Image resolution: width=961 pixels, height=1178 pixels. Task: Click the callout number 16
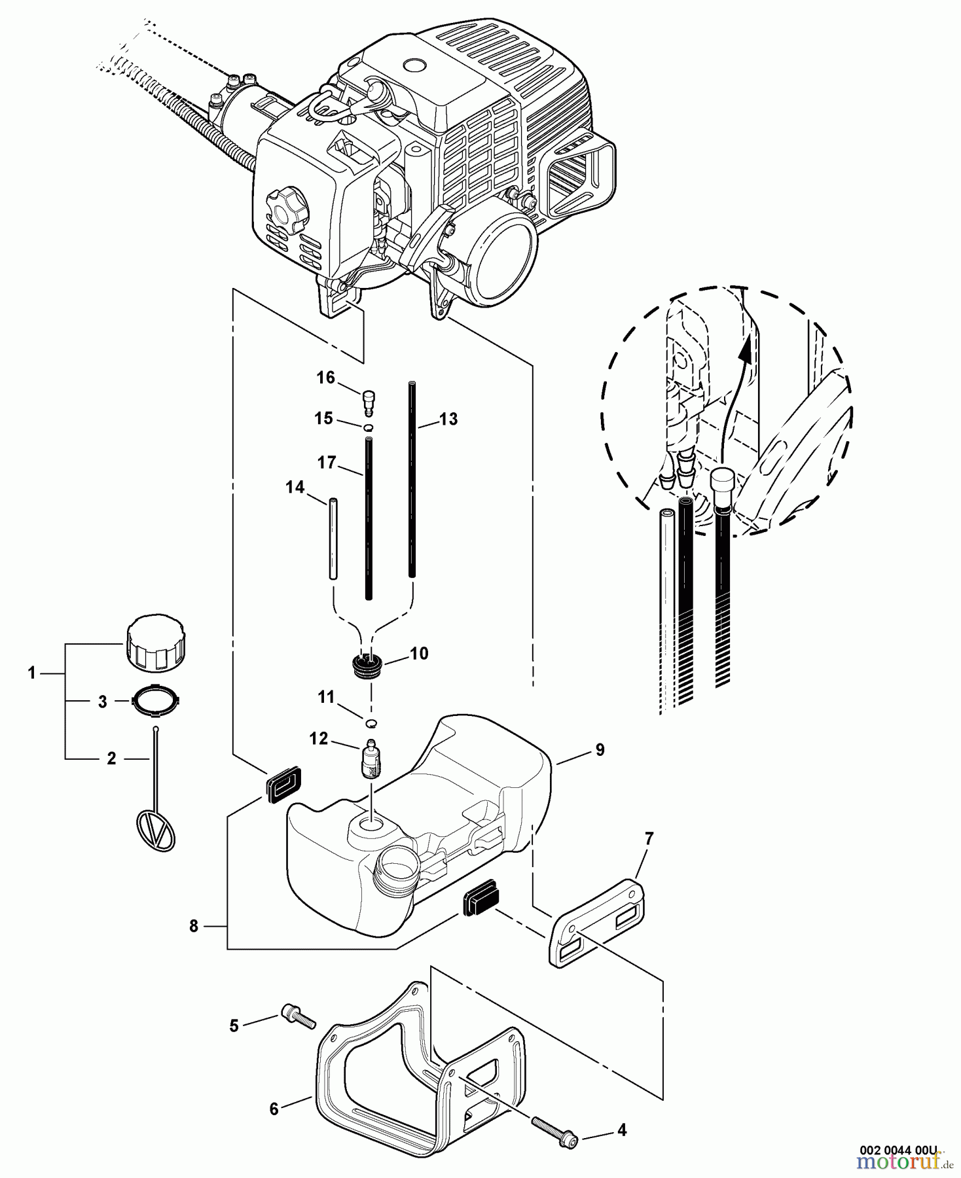pos(325,378)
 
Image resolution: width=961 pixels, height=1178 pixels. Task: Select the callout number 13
pos(448,419)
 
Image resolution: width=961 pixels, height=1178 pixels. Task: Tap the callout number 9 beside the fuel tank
pos(600,750)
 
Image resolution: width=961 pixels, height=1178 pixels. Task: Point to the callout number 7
pos(648,838)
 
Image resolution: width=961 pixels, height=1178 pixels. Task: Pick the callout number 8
pos(194,927)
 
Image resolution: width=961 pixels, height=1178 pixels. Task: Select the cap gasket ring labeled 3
pos(154,701)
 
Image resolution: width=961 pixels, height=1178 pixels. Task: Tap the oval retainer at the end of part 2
pos(156,832)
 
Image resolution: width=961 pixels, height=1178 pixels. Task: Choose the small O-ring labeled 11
pos(371,723)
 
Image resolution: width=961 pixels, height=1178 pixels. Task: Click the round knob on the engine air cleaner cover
pos(285,211)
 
